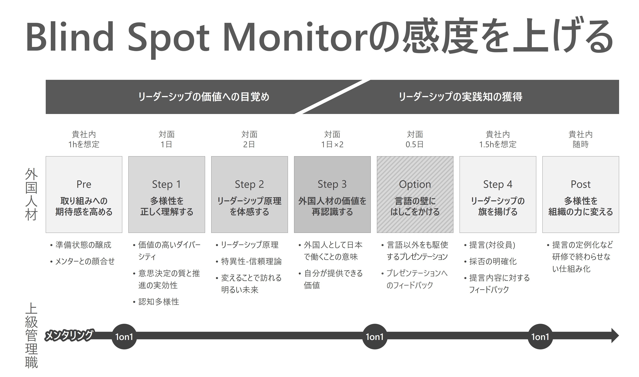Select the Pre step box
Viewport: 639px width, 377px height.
click(x=84, y=195)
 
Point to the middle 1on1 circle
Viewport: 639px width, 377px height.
click(x=374, y=337)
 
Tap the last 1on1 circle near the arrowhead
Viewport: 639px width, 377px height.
click(x=540, y=337)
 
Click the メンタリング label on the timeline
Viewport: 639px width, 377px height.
click(x=69, y=335)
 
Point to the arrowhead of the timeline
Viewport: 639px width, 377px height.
click(x=615, y=336)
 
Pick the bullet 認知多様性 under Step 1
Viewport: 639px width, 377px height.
click(x=159, y=302)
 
